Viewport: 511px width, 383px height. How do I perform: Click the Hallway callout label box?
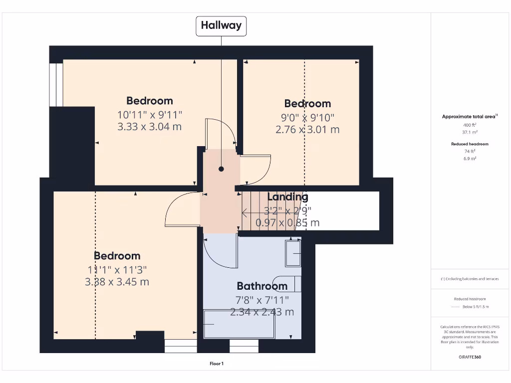221,25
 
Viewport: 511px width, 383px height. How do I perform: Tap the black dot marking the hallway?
221,169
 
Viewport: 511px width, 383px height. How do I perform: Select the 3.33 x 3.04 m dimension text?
149,127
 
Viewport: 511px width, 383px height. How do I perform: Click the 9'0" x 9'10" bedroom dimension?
307,117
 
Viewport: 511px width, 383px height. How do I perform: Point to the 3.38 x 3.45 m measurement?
117,282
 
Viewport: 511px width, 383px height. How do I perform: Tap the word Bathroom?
262,286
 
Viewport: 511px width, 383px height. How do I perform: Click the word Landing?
288,197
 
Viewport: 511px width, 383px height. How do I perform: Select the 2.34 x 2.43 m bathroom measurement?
262,312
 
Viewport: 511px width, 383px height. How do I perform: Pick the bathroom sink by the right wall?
293,253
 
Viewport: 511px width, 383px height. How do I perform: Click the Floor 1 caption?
217,364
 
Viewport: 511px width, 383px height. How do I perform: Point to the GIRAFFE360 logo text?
470,357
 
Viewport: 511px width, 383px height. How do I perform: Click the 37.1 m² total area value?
470,132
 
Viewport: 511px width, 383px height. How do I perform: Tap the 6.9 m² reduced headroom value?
470,158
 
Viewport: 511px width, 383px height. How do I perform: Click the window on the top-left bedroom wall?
56,84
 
